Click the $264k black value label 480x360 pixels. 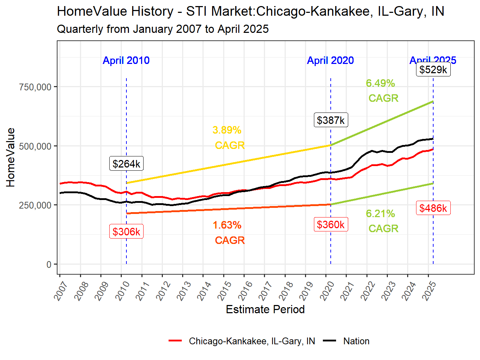click(126, 164)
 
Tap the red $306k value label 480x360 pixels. click(126, 231)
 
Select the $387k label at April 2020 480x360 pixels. click(331, 120)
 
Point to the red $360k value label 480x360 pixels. click(331, 224)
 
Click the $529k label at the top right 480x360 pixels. click(433, 69)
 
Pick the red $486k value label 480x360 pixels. click(433, 208)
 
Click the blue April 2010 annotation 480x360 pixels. click(126, 60)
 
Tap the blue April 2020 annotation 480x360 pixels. click(330, 60)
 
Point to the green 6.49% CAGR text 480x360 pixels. click(382, 90)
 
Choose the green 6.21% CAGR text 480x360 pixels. click(382, 221)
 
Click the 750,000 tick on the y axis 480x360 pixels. click(35, 87)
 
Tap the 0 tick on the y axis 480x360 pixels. click(49, 265)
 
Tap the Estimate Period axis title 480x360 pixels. click(265, 309)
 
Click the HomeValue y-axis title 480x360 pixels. click(11, 157)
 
